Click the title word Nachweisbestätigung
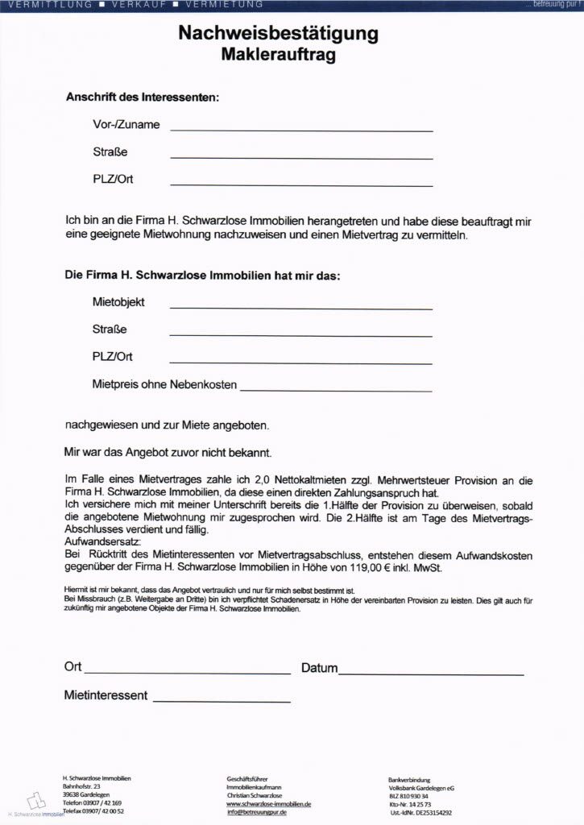(278, 34)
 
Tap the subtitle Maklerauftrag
(278, 56)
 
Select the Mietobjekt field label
(118, 303)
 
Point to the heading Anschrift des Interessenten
(142, 97)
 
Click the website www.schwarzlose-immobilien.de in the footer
(269, 804)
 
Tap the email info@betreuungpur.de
(258, 813)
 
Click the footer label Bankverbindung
(409, 779)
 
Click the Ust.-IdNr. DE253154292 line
(420, 813)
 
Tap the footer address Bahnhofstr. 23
(81, 786)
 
